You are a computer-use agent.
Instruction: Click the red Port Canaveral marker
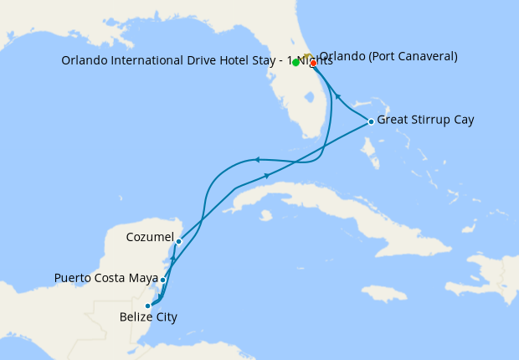tap(313, 63)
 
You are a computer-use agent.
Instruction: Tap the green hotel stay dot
tap(296, 62)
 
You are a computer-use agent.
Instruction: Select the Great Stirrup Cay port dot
tap(371, 122)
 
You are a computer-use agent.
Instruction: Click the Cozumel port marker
tap(178, 241)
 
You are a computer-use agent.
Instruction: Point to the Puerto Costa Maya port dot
tap(162, 280)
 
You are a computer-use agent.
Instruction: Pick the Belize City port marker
tap(148, 306)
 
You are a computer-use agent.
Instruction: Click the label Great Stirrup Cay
tap(425, 120)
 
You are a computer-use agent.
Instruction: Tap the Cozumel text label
tap(149, 237)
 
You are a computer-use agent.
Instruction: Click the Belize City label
tap(148, 317)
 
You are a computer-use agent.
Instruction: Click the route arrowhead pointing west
tap(259, 159)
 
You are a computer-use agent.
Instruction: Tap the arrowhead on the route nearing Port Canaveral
tap(338, 96)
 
